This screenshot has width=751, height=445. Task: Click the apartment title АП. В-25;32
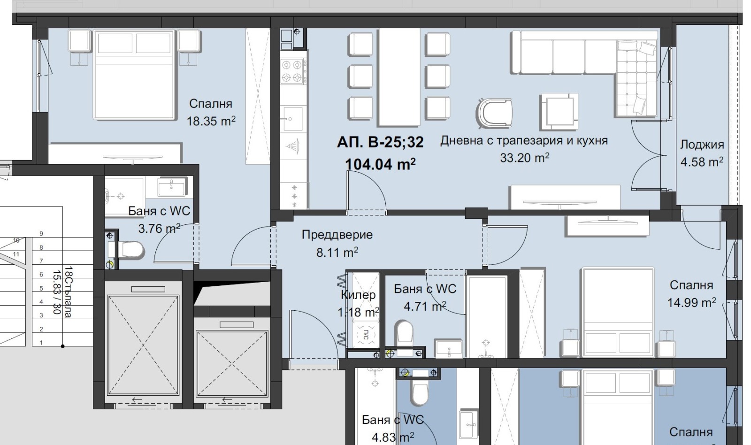coord(380,142)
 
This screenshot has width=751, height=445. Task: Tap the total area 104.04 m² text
coord(380,164)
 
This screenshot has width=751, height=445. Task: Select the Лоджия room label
coord(702,145)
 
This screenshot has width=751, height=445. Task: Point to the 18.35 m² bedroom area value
coord(211,121)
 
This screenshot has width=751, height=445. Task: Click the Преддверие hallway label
coord(337,234)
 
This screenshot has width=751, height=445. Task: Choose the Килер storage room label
coord(358,295)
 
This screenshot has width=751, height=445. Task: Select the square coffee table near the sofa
coord(559,112)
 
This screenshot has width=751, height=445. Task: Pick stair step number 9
coord(42,233)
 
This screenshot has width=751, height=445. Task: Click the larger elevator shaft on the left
coord(143,345)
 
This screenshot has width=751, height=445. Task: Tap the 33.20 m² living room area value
coord(525,158)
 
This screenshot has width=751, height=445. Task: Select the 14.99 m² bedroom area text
coord(692,302)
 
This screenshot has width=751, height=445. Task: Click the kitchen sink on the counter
coord(293,118)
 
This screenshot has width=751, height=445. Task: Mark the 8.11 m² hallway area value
coord(337,252)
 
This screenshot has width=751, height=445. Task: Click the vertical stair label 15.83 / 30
coord(57,292)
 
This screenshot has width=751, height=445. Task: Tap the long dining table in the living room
coord(399,77)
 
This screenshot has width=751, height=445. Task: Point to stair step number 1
coord(42,343)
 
